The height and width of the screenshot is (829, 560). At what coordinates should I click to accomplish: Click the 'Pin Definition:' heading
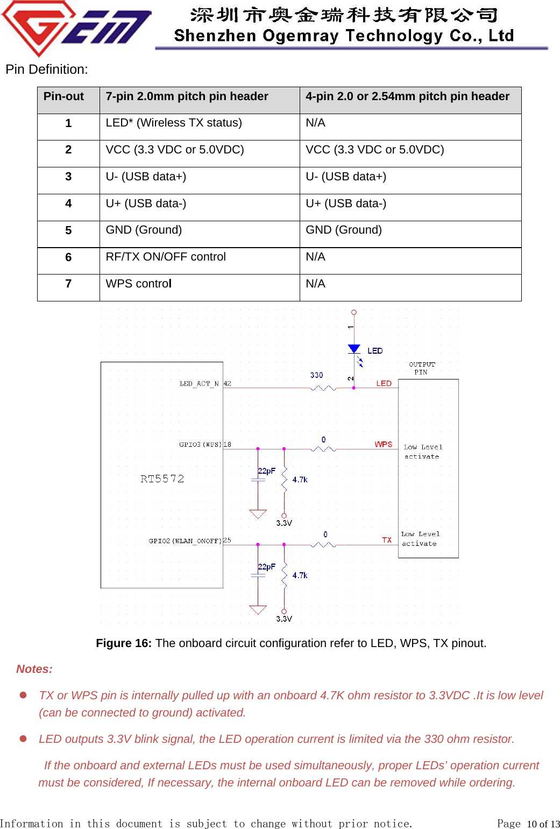47,69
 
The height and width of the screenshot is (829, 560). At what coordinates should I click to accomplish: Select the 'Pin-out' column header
63,96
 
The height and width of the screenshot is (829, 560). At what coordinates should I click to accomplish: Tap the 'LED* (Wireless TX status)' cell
174,123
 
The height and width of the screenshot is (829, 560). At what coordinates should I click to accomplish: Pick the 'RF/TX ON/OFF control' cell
166,257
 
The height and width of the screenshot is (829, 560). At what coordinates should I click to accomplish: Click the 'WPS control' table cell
139,284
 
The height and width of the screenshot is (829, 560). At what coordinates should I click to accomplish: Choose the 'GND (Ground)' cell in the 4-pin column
344,230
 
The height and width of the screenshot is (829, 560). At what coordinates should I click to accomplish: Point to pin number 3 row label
68,177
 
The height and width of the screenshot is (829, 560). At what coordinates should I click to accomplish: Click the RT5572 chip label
162,479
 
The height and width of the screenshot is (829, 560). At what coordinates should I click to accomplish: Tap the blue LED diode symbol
354,349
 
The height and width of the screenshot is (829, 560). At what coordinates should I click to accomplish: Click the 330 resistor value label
316,375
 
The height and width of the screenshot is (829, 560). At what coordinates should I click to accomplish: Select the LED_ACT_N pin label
199,384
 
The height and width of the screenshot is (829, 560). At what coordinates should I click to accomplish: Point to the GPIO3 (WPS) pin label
200,445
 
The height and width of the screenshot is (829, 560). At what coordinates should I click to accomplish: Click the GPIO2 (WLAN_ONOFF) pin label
185,541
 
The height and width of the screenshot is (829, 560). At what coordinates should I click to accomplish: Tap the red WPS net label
384,444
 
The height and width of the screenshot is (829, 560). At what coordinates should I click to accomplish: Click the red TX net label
387,540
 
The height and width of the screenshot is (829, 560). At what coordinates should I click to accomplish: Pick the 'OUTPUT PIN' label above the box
422,368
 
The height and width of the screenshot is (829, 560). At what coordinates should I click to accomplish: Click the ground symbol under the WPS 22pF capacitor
258,514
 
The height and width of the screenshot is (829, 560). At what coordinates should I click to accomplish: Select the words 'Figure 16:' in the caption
124,643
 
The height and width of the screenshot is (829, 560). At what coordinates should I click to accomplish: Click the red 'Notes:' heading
34,669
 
